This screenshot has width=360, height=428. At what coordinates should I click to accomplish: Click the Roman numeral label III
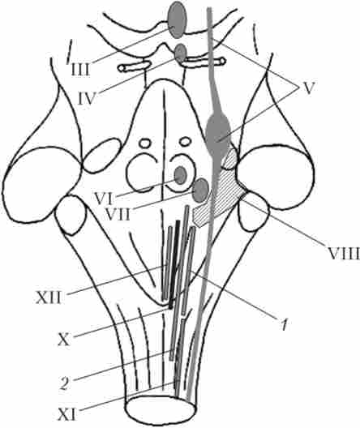pos(80,70)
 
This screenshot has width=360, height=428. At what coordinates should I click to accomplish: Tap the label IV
pos(87,99)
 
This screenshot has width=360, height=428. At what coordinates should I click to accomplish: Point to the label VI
pos(104,199)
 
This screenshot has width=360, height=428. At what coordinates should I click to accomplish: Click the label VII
pos(118,215)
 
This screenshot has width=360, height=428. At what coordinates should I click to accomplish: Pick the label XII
pos(49,297)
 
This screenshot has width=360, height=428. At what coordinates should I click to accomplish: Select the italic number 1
pos(285,324)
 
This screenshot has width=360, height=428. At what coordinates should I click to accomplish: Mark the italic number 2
pos(64,383)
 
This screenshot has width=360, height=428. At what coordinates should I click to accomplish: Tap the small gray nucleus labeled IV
pos(181,53)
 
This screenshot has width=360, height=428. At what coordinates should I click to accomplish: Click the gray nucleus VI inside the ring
pos(180,175)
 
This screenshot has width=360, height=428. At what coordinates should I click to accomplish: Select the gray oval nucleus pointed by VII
pos(201,190)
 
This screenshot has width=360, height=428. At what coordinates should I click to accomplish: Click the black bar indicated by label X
pos(174,264)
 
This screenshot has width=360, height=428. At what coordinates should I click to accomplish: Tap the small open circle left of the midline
pos(144,143)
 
